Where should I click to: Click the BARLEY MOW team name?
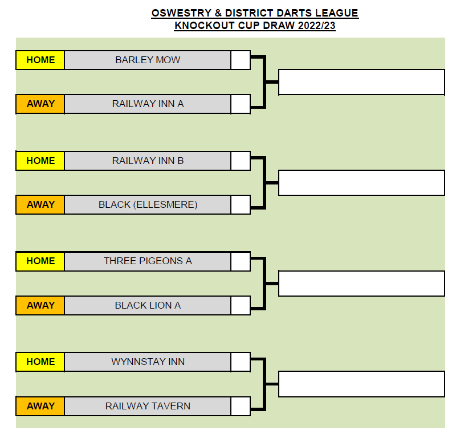(x=148, y=60)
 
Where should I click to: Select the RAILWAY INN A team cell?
(x=148, y=104)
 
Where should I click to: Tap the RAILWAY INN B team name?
(x=148, y=161)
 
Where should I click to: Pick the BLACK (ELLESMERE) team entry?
(x=148, y=204)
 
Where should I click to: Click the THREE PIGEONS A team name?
(x=148, y=261)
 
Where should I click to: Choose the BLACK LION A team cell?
(x=148, y=305)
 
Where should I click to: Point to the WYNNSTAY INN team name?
(x=148, y=362)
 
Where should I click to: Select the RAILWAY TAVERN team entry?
(x=148, y=406)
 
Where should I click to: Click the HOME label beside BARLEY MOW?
(x=40, y=60)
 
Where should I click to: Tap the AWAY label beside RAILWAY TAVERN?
(x=40, y=406)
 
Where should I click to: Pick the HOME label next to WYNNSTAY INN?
(x=40, y=362)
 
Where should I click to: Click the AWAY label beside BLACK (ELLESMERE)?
(x=40, y=204)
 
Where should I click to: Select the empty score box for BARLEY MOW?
(x=241, y=60)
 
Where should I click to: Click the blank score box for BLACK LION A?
(x=241, y=305)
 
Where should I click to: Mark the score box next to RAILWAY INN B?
(x=241, y=161)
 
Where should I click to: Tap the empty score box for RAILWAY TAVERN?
(x=241, y=406)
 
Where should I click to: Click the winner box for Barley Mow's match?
(x=361, y=82)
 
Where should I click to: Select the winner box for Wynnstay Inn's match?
(x=361, y=384)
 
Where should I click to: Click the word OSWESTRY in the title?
(x=182, y=13)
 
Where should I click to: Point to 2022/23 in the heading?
(x=316, y=26)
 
